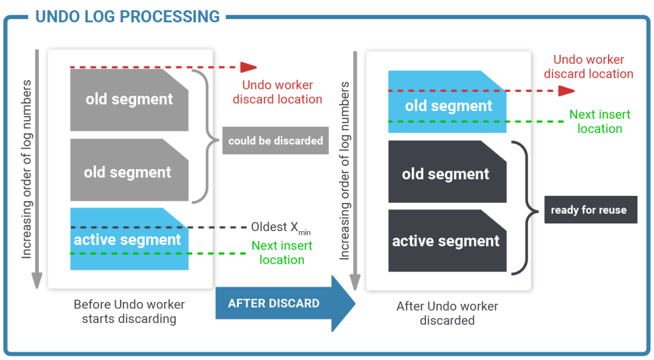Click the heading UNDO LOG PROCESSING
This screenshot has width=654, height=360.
pos(128,17)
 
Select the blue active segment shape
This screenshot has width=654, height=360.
pos(128,240)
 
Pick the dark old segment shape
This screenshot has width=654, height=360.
pos(446,174)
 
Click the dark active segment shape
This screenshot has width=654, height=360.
pos(446,241)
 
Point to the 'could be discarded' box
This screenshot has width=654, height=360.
pos(275,140)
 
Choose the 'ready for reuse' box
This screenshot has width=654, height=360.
pos(590,209)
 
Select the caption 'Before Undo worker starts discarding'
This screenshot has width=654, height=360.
pos(128,311)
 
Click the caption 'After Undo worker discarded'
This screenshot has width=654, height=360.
pos(447,313)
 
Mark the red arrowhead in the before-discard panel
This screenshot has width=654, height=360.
pos(248,67)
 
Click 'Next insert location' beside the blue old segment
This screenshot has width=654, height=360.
pos(600,121)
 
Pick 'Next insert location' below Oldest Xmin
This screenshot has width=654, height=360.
pos(282,253)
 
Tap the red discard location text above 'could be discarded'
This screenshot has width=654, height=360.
pos(277,92)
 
